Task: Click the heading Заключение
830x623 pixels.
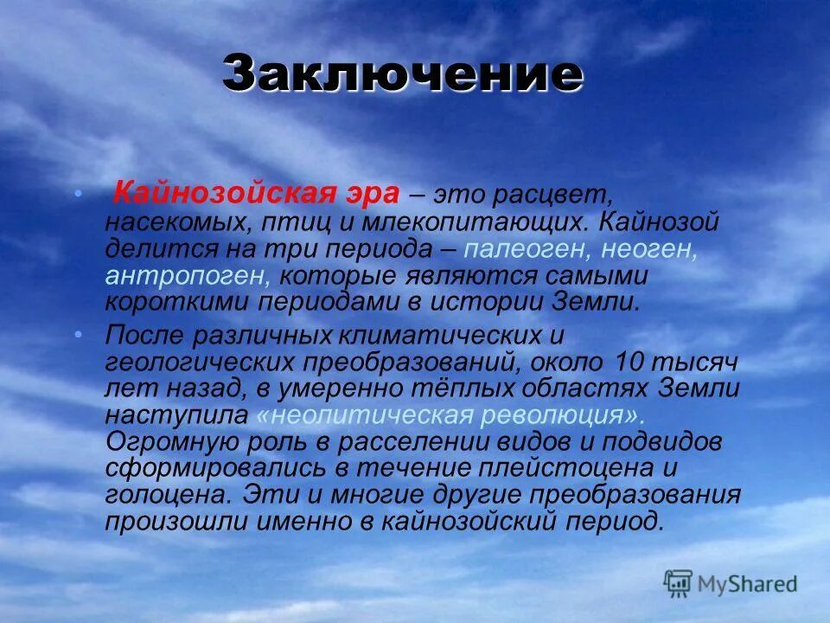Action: click(402, 74)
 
